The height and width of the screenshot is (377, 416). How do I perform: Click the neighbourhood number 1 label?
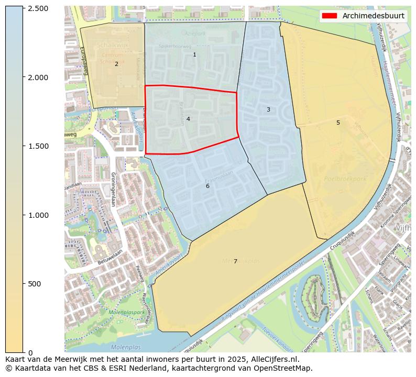tap(194, 54)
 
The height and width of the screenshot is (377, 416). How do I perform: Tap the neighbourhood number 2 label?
tap(116, 64)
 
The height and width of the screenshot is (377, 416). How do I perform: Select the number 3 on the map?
tap(268, 109)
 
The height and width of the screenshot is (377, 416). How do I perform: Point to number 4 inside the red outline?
tap(188, 119)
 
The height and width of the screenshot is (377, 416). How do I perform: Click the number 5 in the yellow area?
tap(338, 123)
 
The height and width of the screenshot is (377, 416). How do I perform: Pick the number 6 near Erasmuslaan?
tap(207, 186)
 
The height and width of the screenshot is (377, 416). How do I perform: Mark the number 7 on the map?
tap(235, 261)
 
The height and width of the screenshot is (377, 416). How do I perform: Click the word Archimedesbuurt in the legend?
tap(373, 16)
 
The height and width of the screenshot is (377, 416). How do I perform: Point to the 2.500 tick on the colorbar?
tap(38, 9)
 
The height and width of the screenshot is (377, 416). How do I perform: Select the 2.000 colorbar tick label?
tap(38, 77)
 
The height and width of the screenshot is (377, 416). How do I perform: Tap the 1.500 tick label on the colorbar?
tap(38, 146)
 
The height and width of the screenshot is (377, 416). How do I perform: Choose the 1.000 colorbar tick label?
tap(38, 215)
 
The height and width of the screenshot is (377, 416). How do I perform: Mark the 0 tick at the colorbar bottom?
tap(30, 352)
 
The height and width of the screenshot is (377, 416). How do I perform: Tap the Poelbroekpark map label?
tap(345, 179)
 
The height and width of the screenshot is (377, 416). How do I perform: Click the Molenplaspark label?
tap(127, 313)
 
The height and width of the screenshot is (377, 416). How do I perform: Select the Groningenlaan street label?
tap(113, 189)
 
